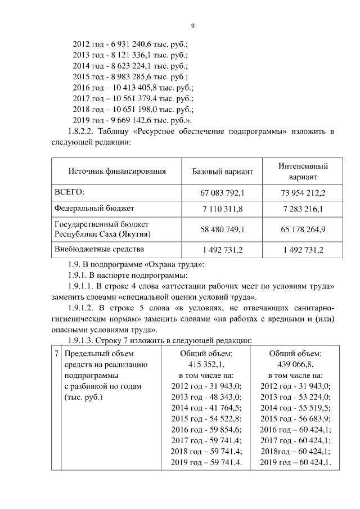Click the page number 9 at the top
pyautogui.click(x=192, y=25)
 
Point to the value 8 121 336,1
pyautogui.click(x=148, y=55)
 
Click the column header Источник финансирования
pyautogui.click(x=117, y=172)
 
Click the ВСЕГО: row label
pyautogui.click(x=69, y=192)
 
